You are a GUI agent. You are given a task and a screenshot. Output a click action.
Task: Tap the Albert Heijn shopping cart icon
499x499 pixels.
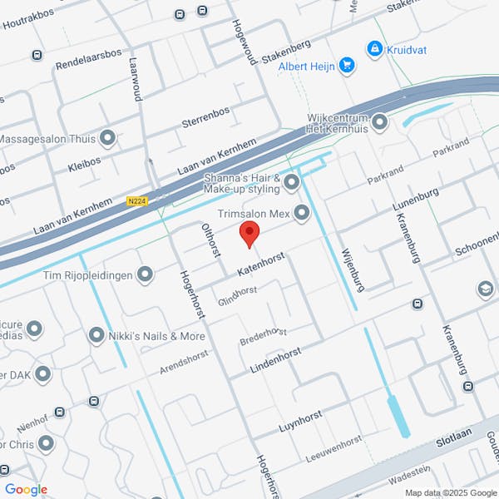pos(347,65)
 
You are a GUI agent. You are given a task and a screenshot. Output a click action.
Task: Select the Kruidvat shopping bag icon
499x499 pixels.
pos(374,48)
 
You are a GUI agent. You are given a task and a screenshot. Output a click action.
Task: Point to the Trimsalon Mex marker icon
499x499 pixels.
pos(301,215)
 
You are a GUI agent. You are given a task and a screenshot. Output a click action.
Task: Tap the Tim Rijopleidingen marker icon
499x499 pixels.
pos(146,274)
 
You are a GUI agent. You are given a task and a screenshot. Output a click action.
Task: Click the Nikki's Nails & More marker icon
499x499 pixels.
pos(96,336)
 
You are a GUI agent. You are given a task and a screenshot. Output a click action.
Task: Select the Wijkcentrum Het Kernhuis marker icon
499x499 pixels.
pos(380,123)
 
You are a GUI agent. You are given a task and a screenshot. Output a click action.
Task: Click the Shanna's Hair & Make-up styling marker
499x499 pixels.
pos(291,181)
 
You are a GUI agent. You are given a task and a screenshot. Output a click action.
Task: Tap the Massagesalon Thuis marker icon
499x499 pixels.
pos(107,138)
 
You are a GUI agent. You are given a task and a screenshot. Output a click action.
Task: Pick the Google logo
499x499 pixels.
pos(26,490)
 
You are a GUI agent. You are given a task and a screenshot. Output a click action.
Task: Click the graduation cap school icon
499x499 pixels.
pos(485,289)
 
